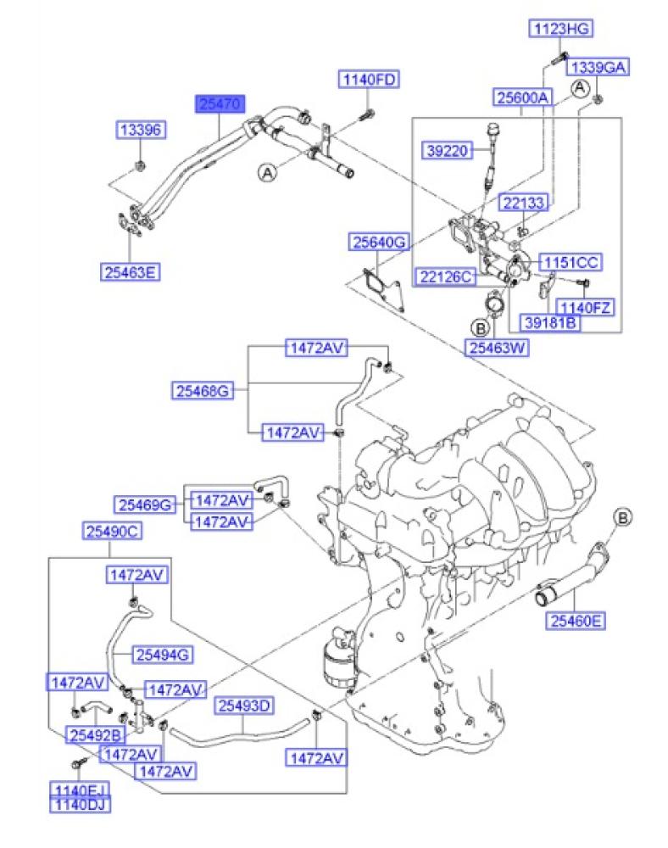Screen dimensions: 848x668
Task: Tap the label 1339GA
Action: (x=597, y=68)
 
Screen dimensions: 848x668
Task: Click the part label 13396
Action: (x=141, y=130)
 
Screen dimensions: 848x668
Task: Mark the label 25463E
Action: (x=131, y=272)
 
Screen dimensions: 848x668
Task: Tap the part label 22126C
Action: (x=444, y=276)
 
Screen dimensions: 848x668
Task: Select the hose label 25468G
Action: (x=203, y=391)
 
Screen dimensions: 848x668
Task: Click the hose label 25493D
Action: (x=244, y=706)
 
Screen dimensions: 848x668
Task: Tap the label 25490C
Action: (x=112, y=532)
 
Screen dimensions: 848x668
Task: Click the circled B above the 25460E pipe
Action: (x=622, y=516)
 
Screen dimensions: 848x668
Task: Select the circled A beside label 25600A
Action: (x=580, y=87)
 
